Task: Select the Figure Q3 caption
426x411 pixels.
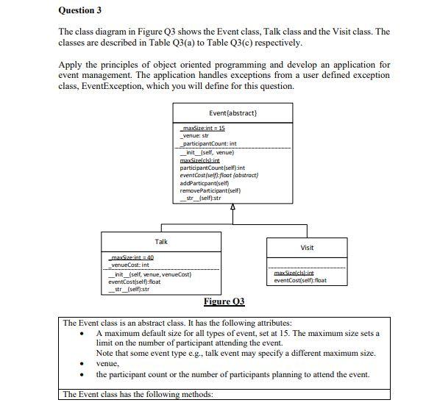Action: point(224,301)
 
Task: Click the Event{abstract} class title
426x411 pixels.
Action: point(232,113)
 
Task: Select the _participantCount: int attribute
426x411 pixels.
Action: point(209,143)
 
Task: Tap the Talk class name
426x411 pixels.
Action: point(161,241)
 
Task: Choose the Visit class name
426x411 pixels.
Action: point(308,248)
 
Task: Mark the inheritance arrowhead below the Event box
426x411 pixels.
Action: point(233,206)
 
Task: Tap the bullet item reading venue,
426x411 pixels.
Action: point(107,363)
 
